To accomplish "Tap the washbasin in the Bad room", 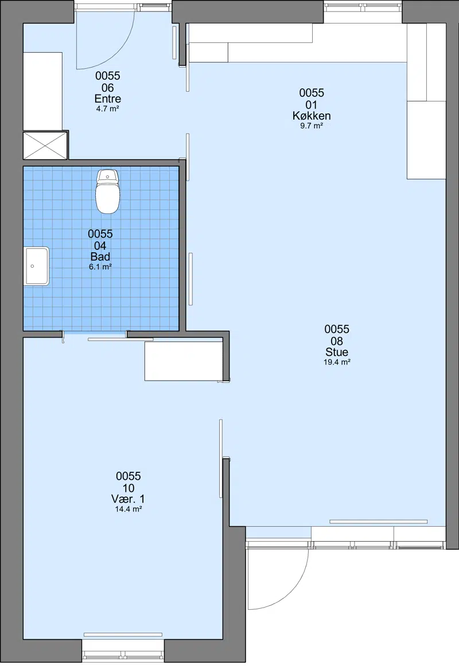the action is coord(37,267).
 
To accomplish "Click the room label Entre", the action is coord(107,99).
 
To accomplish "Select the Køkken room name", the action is coord(312,116).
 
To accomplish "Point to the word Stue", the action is coord(337,352).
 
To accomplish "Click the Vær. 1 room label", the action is coord(128,499).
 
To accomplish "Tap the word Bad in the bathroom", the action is coord(100,257).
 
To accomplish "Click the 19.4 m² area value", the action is coord(337,362).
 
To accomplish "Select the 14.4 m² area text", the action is coord(129,509).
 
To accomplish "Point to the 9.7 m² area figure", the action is coord(312,126).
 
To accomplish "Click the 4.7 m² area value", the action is coord(107,109).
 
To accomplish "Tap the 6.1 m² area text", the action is coord(100,267).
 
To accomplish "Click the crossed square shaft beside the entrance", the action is coord(45,146).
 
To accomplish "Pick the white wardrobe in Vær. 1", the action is coord(184,361).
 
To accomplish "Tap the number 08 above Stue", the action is coord(337,340).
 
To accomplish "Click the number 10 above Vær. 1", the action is coord(129,488).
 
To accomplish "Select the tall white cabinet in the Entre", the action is coord(42,91).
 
